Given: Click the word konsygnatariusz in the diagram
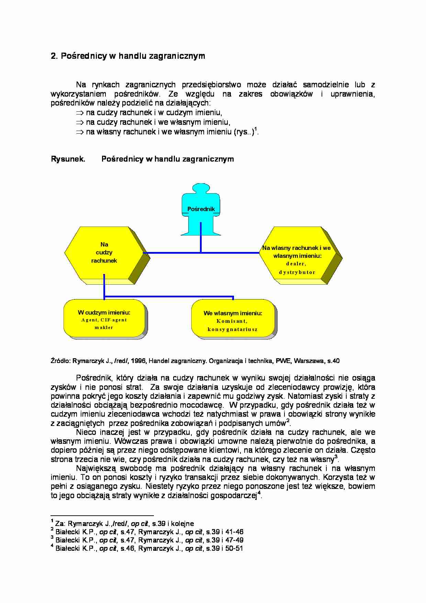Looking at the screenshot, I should [233, 329].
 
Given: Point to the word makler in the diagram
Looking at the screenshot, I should [104, 328].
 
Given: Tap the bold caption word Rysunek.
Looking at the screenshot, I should [68, 159].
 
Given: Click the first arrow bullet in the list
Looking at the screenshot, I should [80, 113].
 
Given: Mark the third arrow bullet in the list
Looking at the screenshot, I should [80, 132].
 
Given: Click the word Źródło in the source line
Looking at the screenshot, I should [60, 361].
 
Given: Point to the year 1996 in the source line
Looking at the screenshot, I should [138, 361].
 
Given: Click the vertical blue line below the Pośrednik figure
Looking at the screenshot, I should [201, 237].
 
